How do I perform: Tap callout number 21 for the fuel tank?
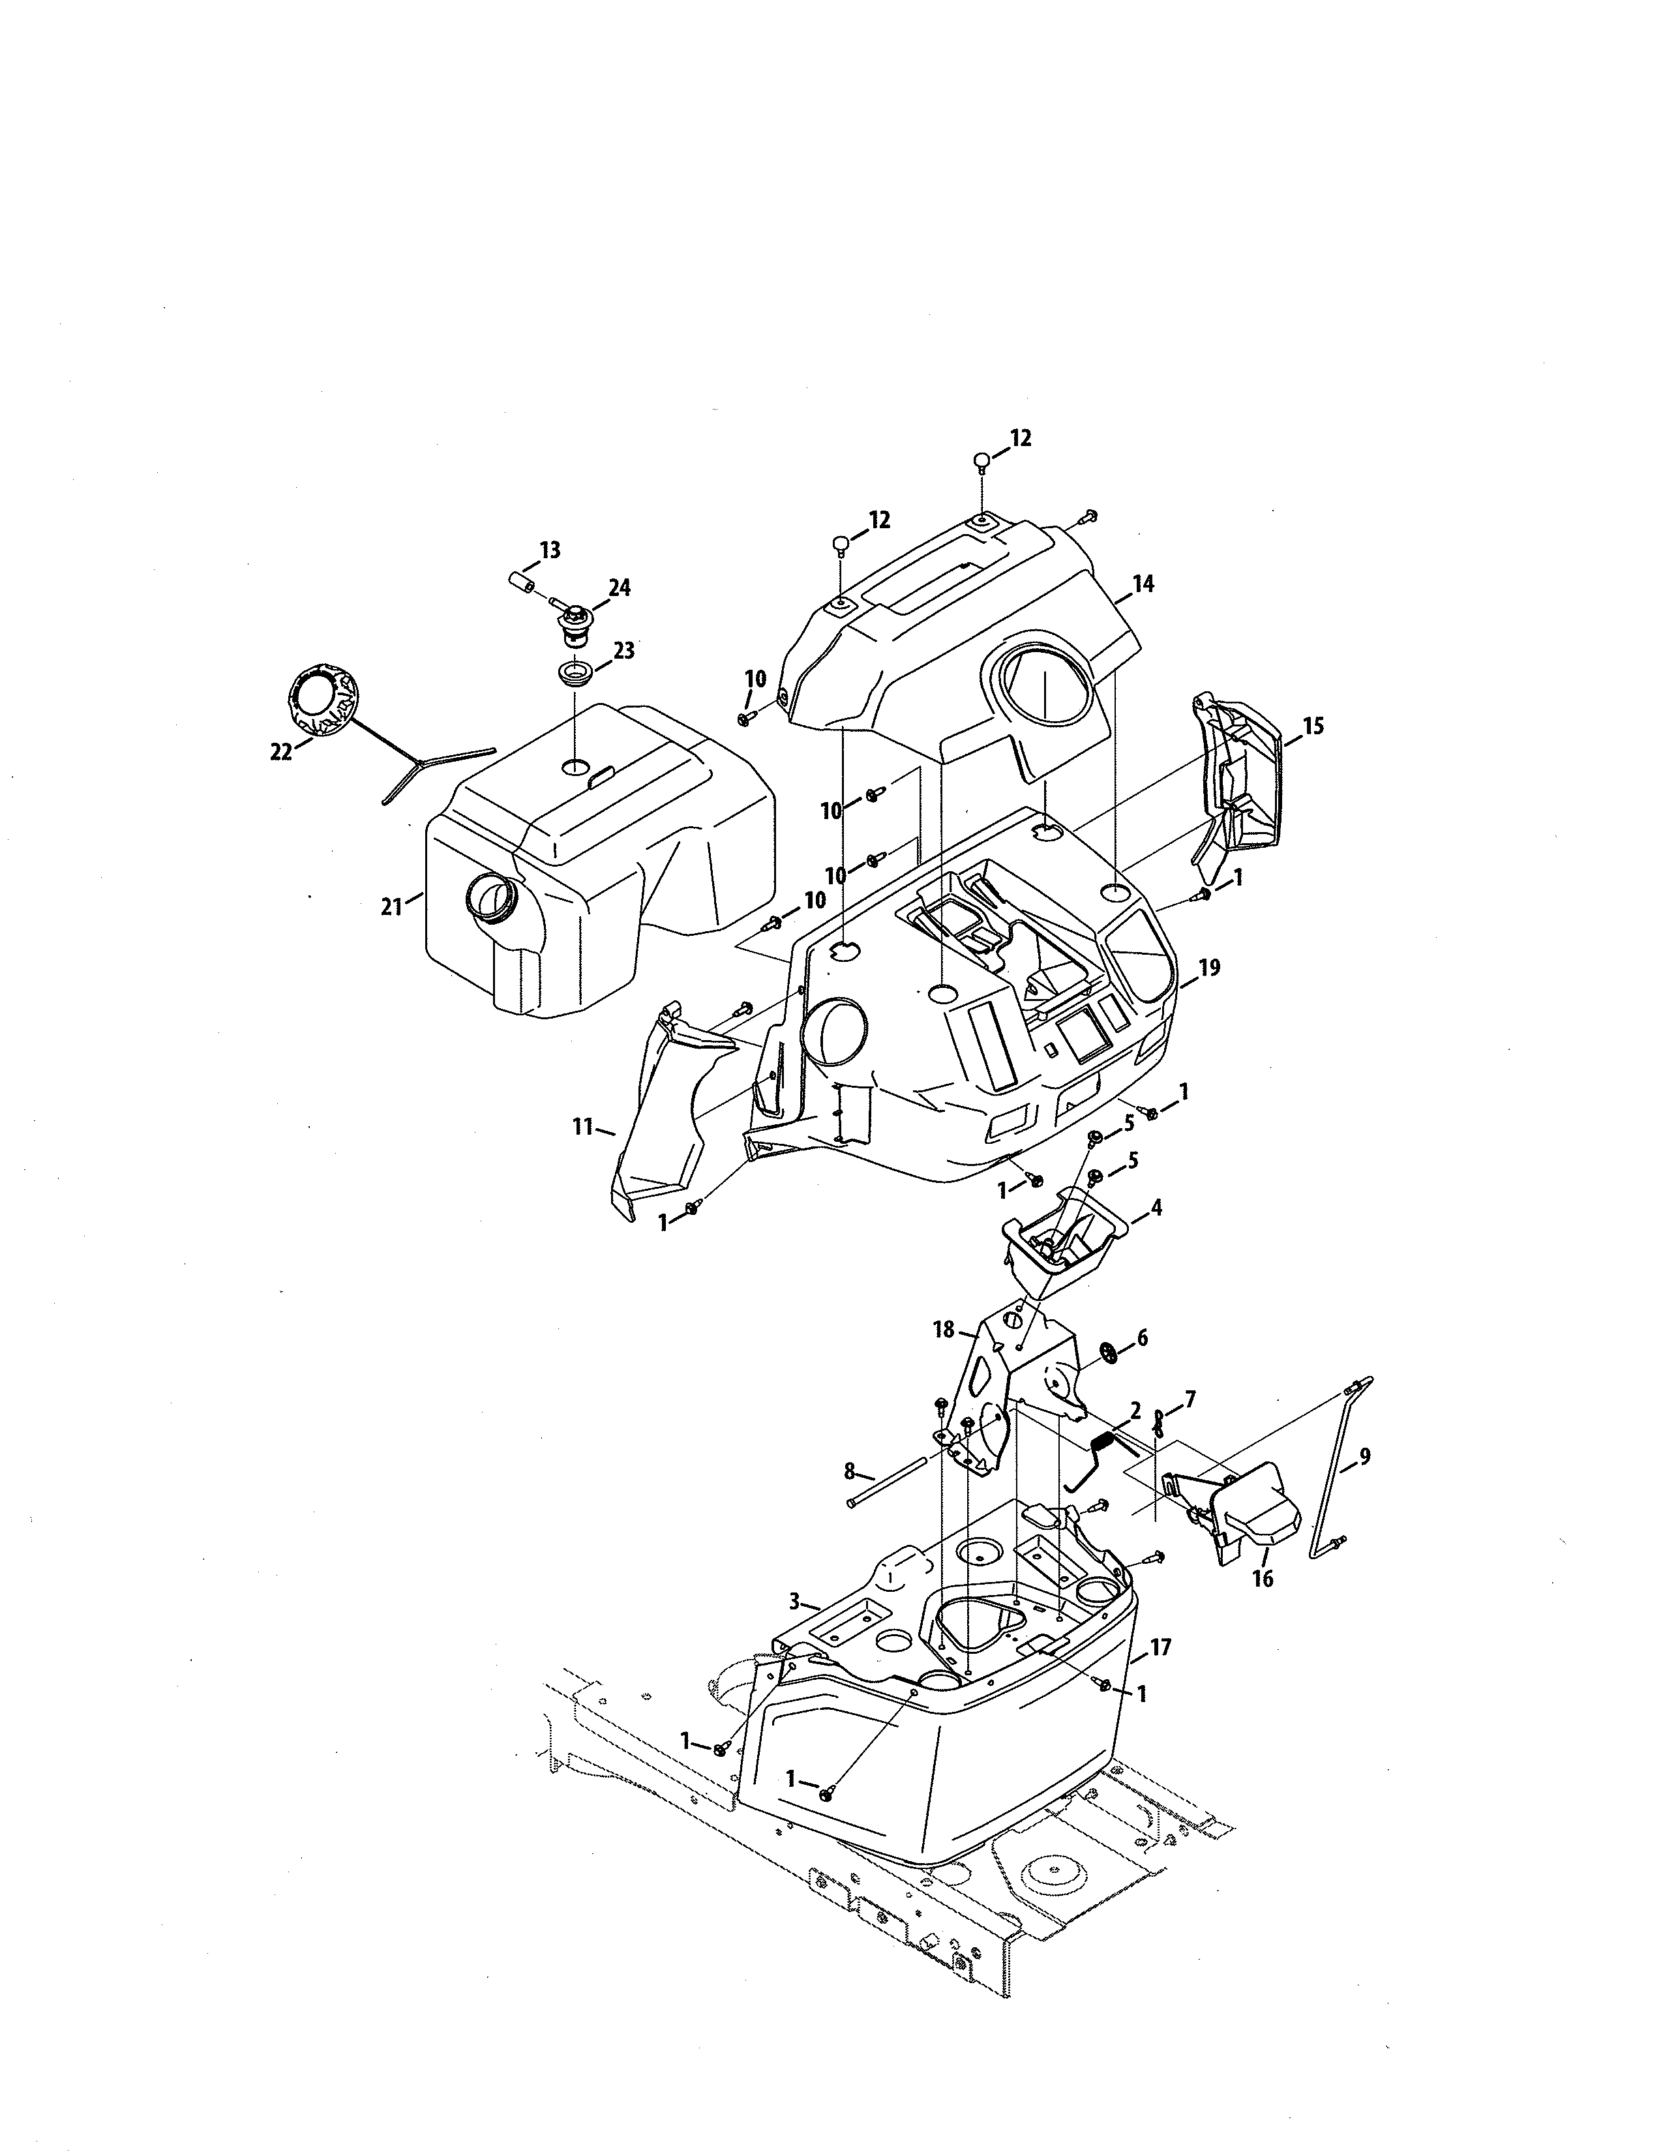(392, 906)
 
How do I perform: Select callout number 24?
(619, 588)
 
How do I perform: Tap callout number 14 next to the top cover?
(1143, 584)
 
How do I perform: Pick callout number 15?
(1312, 726)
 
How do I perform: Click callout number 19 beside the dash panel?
(1209, 968)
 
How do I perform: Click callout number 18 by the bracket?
(943, 1330)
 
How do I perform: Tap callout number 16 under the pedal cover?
(1262, 1579)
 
